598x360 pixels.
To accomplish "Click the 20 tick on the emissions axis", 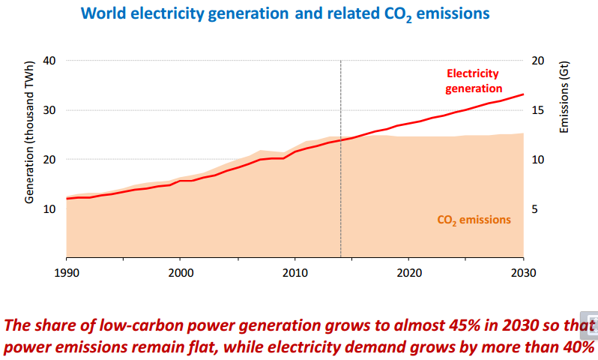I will (x=539, y=61).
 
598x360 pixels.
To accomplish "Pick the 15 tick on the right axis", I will (x=539, y=110).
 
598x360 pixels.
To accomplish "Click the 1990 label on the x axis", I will (x=67, y=271).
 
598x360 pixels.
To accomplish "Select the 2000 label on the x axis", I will (x=181, y=271).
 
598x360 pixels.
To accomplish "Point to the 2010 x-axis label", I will (x=295, y=271).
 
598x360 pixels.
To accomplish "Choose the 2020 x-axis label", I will (x=409, y=271).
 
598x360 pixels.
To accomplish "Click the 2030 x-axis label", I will (x=523, y=271).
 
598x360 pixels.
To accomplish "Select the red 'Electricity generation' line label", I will (x=472, y=81).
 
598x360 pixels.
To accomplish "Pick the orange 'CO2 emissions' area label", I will (x=474, y=220).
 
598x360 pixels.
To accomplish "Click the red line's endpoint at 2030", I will (x=523, y=94).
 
